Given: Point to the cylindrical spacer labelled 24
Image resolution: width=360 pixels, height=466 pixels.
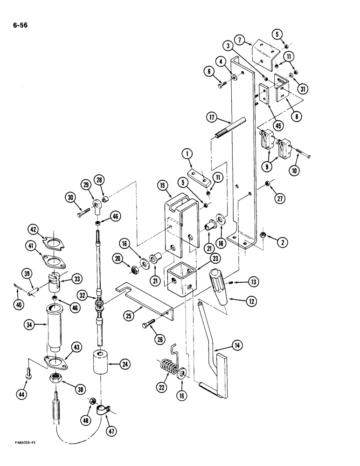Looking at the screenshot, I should (101, 364).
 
